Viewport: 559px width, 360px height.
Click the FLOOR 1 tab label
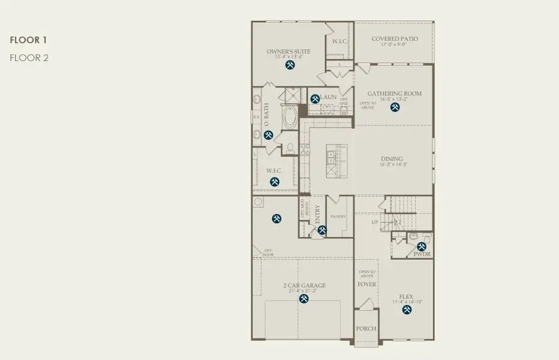(x=28, y=40)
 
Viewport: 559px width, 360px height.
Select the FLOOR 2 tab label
(x=28, y=58)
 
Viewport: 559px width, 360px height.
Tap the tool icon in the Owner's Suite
(x=290, y=65)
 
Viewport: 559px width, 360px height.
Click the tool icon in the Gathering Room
(x=395, y=107)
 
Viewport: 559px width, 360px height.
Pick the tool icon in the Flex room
(x=407, y=310)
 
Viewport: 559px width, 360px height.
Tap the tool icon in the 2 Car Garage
(x=304, y=298)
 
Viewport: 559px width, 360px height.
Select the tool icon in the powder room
(x=421, y=246)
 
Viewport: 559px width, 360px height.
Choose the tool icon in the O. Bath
(x=269, y=136)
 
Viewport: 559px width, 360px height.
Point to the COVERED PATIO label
(x=395, y=39)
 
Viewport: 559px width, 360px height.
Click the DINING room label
(x=392, y=159)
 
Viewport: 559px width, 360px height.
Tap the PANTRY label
(x=338, y=217)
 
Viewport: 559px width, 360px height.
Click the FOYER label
(x=366, y=284)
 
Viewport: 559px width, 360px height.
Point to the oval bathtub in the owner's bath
(x=290, y=118)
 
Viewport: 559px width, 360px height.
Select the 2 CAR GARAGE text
(x=305, y=286)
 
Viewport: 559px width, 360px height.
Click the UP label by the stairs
(x=375, y=223)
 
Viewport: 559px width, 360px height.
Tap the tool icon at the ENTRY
(x=322, y=229)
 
